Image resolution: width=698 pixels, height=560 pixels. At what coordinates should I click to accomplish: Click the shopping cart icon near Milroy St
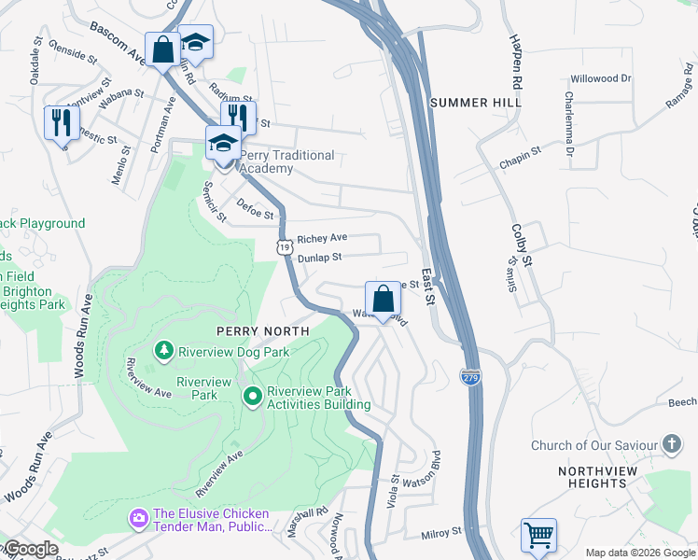[538, 536]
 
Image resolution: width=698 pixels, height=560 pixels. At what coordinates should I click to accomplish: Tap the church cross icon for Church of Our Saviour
[671, 445]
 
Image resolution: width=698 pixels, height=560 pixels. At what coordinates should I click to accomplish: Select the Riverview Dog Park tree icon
[164, 351]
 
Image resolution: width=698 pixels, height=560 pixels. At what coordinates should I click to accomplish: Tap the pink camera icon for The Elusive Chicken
[139, 517]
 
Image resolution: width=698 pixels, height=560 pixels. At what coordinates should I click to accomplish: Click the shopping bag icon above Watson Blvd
[383, 300]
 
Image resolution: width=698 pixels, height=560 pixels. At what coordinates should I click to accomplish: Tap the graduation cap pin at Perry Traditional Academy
[223, 145]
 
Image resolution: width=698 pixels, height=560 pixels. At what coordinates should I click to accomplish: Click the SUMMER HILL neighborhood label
[475, 102]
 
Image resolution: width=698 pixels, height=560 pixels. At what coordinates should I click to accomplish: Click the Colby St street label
[521, 244]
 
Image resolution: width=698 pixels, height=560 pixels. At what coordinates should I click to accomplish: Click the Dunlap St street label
[319, 257]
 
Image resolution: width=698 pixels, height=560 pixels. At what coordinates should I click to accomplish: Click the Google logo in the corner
[30, 549]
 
